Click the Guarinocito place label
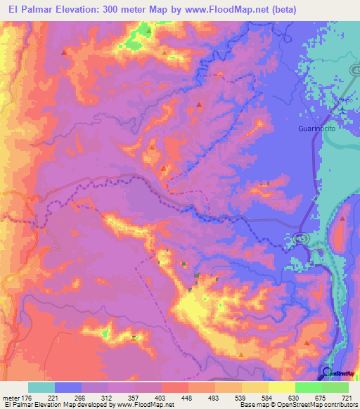click(x=314, y=129)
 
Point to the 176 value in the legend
click(x=28, y=397)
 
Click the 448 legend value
click(x=187, y=397)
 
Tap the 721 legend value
click(x=347, y=397)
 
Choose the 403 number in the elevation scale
click(x=161, y=397)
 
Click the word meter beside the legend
click(x=11, y=397)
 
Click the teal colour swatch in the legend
click(x=41, y=387)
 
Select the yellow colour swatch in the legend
click(x=281, y=387)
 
